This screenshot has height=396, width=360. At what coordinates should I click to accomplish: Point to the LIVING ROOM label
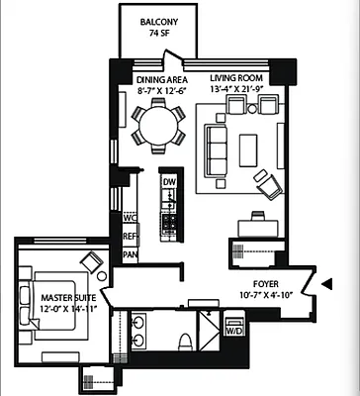tap(240, 78)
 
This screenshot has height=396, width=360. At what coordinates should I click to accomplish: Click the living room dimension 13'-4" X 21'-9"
tap(240, 89)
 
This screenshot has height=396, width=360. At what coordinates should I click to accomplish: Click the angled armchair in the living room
tap(266, 182)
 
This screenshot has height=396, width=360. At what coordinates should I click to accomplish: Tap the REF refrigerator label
tap(129, 237)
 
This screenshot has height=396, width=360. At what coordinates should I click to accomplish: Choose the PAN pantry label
tap(129, 254)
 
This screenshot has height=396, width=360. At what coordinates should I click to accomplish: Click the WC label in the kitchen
tap(129, 217)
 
